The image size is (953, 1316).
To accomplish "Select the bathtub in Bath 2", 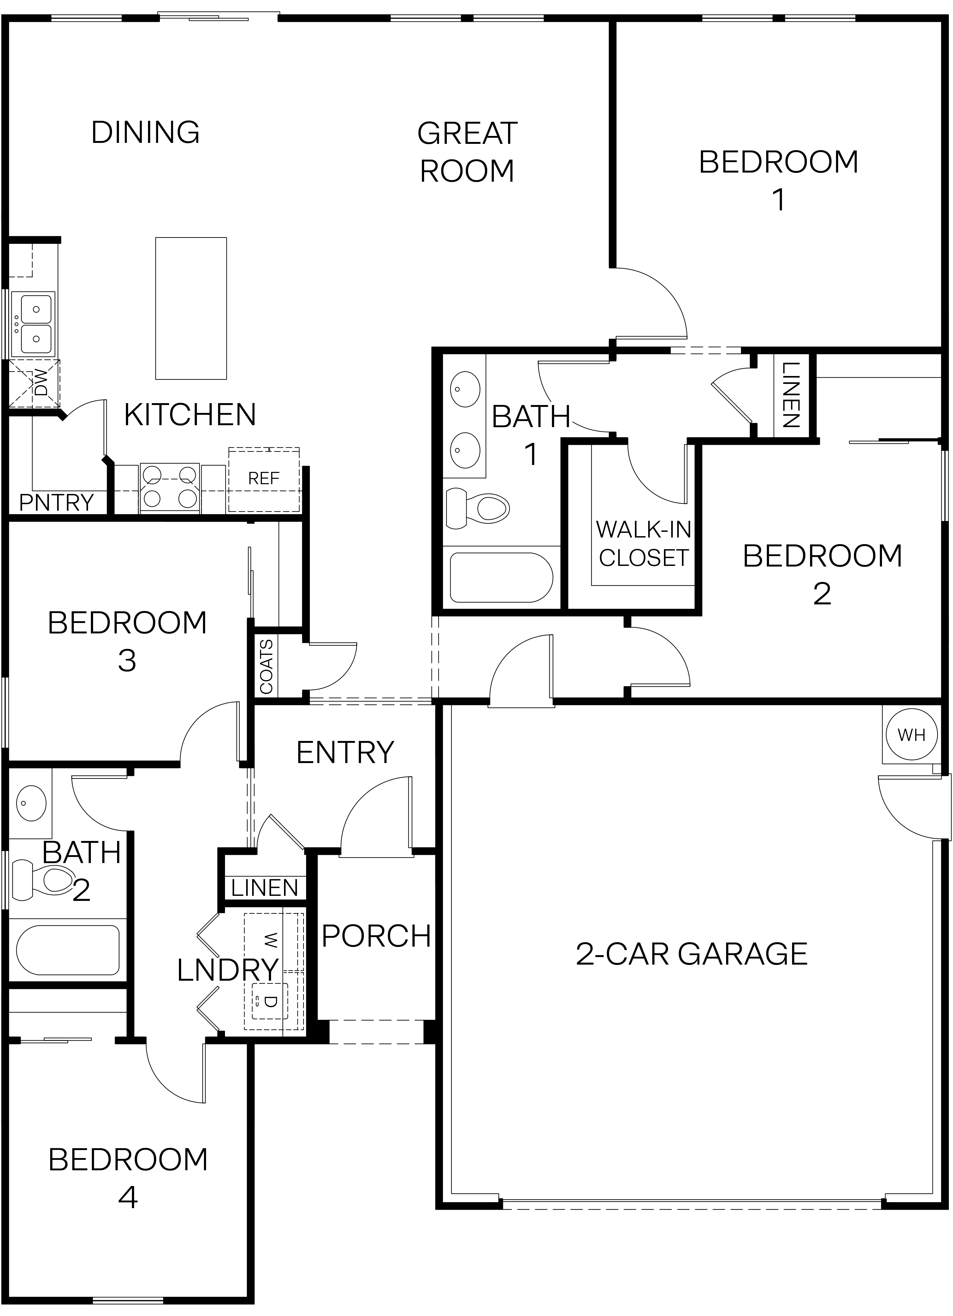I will click(68, 950).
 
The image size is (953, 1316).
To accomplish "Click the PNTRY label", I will click(56, 502).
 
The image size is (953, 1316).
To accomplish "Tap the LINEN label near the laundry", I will click(264, 888).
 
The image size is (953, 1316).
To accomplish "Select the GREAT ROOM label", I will click(467, 152).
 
